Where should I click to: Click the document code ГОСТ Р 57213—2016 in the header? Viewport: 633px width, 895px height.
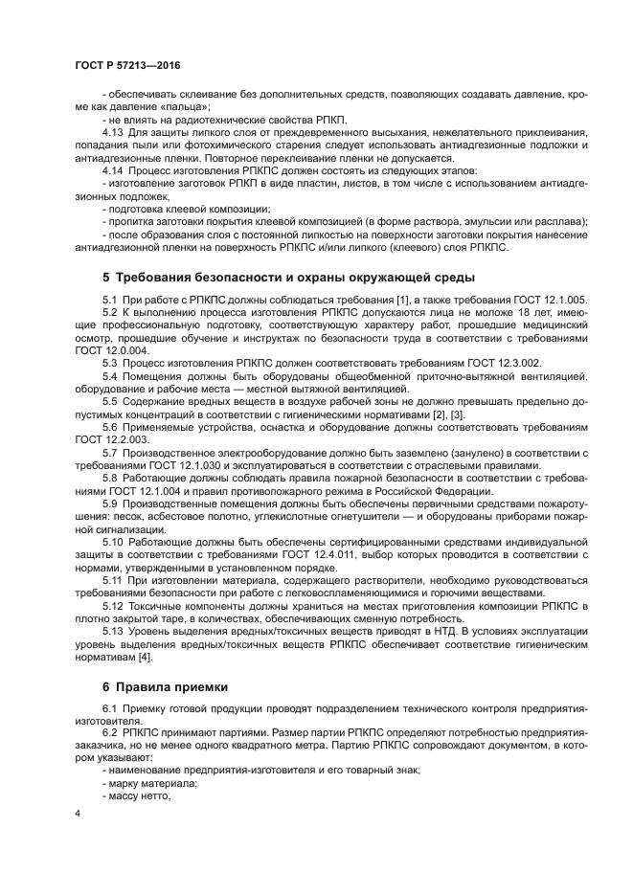tap(127, 65)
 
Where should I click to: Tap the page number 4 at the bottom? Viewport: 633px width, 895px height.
tap(78, 813)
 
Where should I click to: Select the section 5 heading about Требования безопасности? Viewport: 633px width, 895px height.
tap(287, 278)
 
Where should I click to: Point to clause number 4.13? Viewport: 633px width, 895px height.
tap(113, 132)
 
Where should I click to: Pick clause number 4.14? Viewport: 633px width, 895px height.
tap(113, 169)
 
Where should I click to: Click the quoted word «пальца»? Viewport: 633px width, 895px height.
tap(157, 107)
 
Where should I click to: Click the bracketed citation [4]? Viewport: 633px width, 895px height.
tap(145, 657)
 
